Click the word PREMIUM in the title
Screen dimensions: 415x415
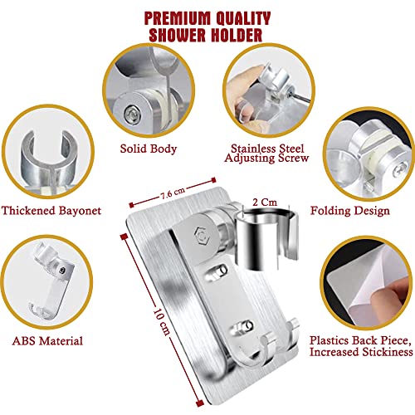[177, 18]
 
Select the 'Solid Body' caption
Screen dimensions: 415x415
[149, 149]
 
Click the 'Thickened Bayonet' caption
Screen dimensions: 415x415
[51, 211]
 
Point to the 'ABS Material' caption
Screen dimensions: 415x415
[47, 340]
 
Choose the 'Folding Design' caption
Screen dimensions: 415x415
[350, 211]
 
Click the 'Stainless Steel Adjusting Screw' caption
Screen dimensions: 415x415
[266, 153]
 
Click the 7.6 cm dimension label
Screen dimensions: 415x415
[173, 193]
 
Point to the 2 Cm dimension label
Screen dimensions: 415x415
[265, 203]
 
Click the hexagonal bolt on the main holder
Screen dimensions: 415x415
[202, 236]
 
